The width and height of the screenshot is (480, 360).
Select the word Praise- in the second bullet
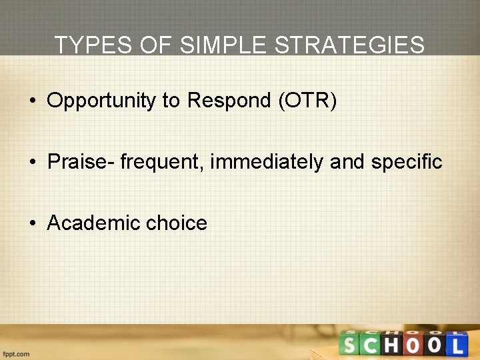81,161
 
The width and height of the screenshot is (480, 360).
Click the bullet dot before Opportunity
32,101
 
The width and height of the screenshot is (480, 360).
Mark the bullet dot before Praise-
32,162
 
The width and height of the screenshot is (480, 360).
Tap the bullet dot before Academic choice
32,223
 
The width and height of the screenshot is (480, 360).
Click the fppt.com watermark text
15,354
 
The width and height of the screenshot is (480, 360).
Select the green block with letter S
349,345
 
